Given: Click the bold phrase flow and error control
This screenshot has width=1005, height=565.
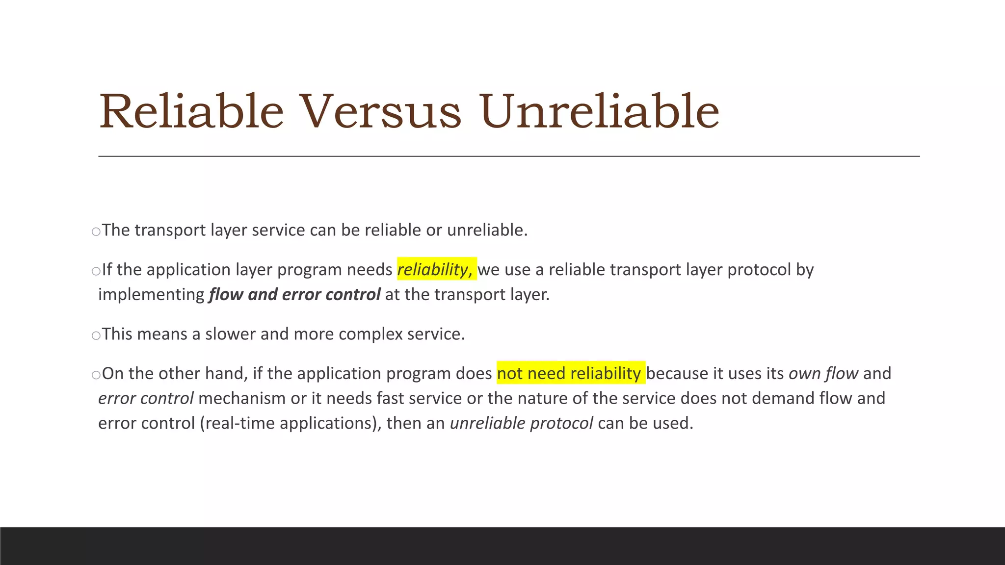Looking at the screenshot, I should pyautogui.click(x=294, y=294).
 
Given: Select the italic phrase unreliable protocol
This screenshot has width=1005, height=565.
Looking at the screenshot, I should pyautogui.click(x=521, y=423).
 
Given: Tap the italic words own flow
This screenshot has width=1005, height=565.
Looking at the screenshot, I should pyautogui.click(x=823, y=373).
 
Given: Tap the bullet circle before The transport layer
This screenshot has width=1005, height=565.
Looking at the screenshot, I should pyautogui.click(x=96, y=231).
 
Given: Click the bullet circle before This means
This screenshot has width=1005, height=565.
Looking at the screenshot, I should pyautogui.click(x=96, y=335).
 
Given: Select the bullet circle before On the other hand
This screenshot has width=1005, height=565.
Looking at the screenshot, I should pyautogui.click(x=96, y=375).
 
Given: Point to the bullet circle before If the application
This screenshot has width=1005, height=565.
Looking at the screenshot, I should pyautogui.click(x=96, y=271).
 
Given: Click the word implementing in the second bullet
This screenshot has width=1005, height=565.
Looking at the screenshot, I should pyautogui.click(x=151, y=295).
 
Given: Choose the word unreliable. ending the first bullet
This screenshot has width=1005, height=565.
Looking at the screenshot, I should pyautogui.click(x=487, y=230).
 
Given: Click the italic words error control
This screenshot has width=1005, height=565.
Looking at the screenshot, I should pyautogui.click(x=146, y=398).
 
